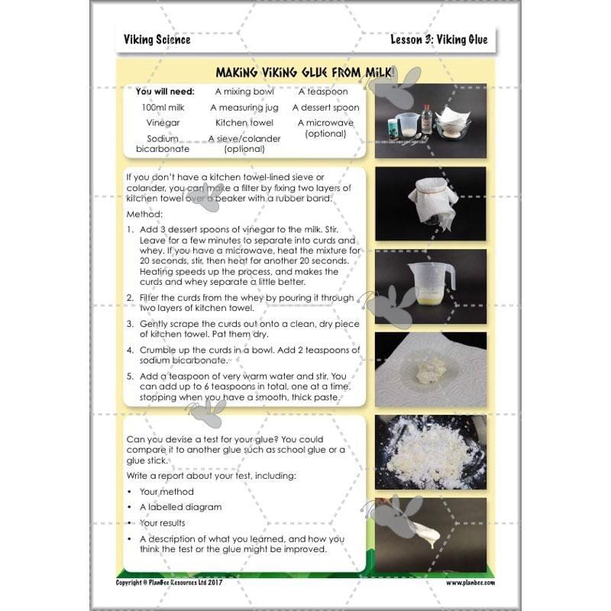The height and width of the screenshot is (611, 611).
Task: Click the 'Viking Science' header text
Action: (x=157, y=40)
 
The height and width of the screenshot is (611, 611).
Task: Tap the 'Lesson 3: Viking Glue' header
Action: (x=438, y=40)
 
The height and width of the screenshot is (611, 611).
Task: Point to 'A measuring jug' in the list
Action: (x=244, y=108)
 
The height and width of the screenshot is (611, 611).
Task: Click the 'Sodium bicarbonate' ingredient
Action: (x=163, y=144)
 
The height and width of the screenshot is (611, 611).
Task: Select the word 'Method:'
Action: (x=144, y=215)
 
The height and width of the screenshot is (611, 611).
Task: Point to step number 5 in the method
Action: (x=131, y=376)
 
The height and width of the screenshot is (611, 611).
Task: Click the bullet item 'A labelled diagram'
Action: (x=180, y=507)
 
